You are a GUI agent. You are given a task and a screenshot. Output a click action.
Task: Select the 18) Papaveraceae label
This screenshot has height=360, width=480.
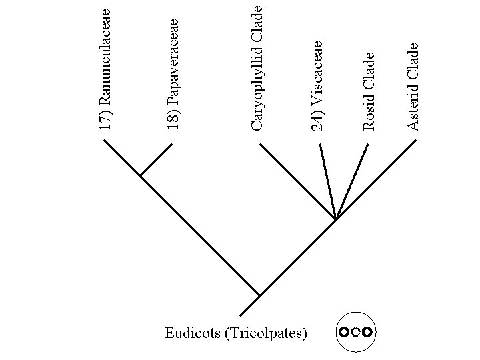click(174, 74)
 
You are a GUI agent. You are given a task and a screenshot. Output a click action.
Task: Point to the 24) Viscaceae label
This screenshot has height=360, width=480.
click(319, 85)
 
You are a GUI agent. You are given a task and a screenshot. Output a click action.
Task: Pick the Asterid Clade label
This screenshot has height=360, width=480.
click(413, 86)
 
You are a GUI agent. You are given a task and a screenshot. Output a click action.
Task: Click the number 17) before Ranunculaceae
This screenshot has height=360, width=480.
click(105, 121)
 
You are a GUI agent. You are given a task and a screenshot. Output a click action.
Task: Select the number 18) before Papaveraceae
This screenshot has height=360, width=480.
click(174, 121)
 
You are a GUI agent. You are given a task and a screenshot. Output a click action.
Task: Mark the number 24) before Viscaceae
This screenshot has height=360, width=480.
click(319, 121)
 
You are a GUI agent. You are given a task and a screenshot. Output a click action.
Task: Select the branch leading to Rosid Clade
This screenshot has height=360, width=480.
click(352, 180)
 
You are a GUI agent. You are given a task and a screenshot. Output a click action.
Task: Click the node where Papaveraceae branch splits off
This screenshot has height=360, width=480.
click(141, 176)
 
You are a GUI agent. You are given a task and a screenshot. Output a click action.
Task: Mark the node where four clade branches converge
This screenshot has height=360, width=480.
click(335, 219)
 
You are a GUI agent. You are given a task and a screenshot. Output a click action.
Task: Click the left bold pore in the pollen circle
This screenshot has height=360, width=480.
click(343, 331)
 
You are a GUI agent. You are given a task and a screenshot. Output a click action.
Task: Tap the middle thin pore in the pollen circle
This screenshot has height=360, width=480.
click(355, 331)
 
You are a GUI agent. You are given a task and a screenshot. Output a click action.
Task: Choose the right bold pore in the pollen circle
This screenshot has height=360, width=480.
click(367, 331)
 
